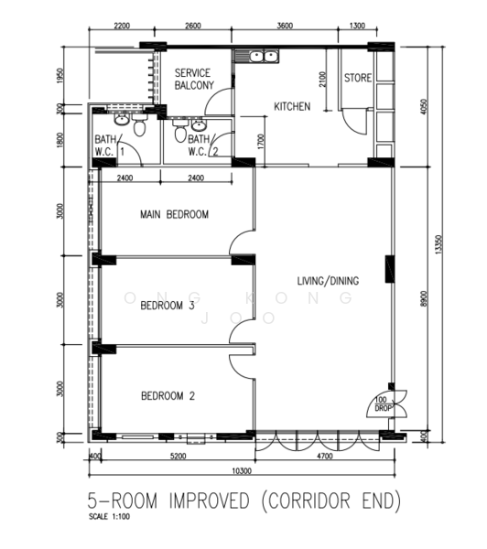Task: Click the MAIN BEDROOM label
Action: point(174,215)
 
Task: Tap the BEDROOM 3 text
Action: point(168,307)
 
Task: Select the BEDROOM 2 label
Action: point(168,396)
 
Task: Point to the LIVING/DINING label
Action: point(328,281)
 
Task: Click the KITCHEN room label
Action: point(292,107)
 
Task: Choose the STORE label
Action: point(358,79)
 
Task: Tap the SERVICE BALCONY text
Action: point(194,80)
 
